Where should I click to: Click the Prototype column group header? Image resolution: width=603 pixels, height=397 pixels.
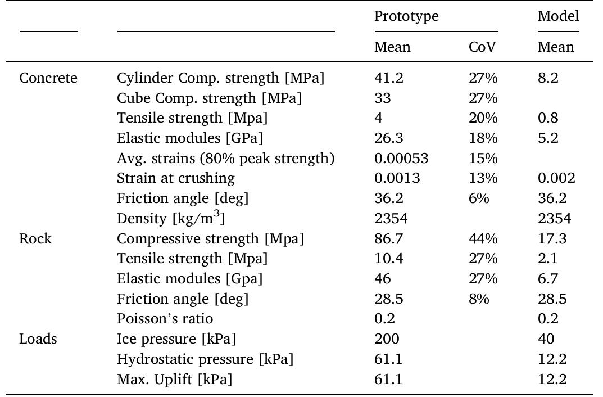pyautogui.click(x=406, y=16)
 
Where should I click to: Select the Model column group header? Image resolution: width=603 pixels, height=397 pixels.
pyautogui.click(x=558, y=16)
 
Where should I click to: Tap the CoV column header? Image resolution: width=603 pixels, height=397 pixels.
pyautogui.click(x=482, y=47)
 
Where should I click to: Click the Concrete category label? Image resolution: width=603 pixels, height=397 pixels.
pyautogui.click(x=48, y=78)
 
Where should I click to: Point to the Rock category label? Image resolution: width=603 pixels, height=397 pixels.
pyautogui.click(x=35, y=239)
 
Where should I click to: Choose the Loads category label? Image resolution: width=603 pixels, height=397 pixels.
pyautogui.click(x=38, y=339)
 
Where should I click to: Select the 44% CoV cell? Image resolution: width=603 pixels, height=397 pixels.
pyautogui.click(x=483, y=239)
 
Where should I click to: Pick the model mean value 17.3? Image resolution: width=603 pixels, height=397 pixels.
pyautogui.click(x=552, y=239)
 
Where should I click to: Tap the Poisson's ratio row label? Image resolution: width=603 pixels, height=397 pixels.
pyautogui.click(x=165, y=319)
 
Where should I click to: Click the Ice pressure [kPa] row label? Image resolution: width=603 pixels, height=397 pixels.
pyautogui.click(x=176, y=339)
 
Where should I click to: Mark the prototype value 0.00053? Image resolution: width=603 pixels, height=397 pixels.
pyautogui.click(x=401, y=159)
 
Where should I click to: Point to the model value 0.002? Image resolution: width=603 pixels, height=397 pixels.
pyautogui.click(x=556, y=179)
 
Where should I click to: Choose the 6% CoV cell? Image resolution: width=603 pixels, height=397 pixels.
pyautogui.click(x=479, y=198)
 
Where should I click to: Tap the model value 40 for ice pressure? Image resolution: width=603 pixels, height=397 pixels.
pyautogui.click(x=546, y=339)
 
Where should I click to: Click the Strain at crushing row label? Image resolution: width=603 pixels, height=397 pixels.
pyautogui.click(x=176, y=179)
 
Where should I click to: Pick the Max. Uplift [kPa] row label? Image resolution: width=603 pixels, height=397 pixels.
pyautogui.click(x=174, y=379)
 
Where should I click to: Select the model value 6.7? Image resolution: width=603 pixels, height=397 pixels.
pyautogui.click(x=548, y=279)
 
